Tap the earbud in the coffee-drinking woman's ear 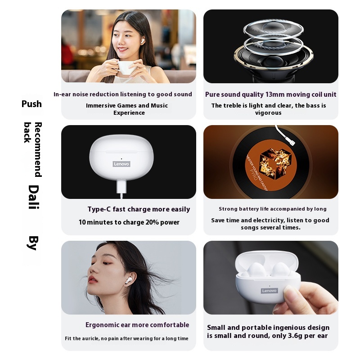(142, 41)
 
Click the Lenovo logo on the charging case (121, 164)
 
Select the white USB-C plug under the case (121, 187)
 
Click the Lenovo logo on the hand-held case (269, 291)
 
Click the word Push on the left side (31, 104)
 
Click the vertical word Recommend (38, 149)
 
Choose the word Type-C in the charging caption (99, 209)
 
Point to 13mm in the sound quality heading (274, 94)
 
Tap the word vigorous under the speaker (268, 113)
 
